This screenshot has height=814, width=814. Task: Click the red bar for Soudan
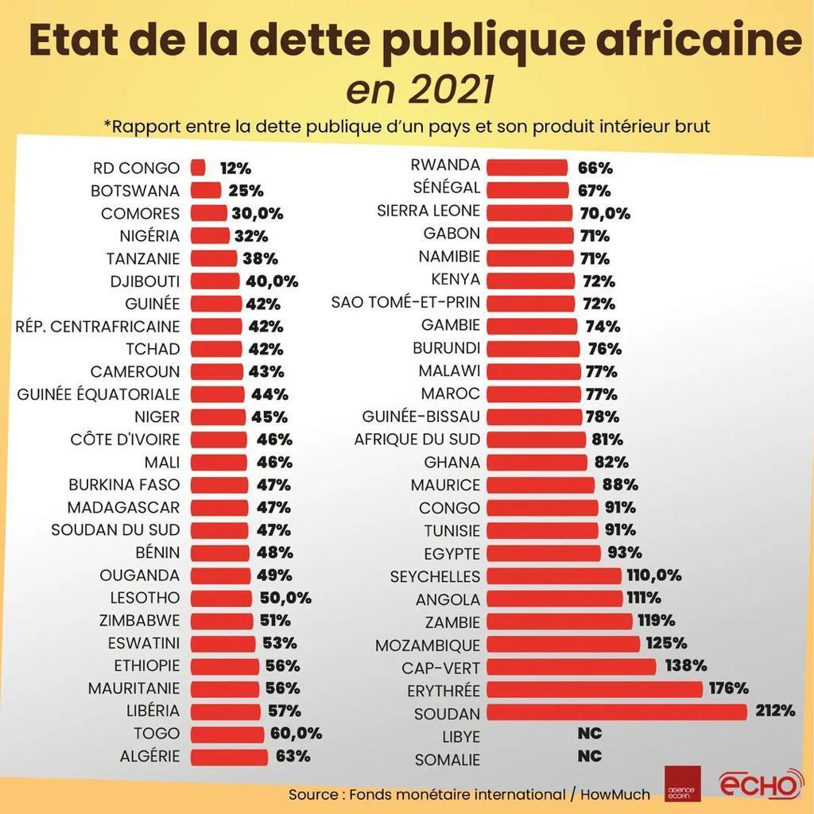tap(616, 711)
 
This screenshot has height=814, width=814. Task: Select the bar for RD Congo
tap(198, 168)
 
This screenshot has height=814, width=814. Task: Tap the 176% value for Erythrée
tap(729, 688)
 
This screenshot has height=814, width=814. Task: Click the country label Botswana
tap(135, 191)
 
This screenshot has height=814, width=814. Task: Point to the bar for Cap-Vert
tap(571, 666)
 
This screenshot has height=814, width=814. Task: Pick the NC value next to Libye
tap(589, 733)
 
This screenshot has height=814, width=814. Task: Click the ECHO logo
tap(760, 785)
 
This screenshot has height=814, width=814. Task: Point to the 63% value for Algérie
tap(293, 756)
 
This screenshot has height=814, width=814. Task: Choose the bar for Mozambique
tap(563, 644)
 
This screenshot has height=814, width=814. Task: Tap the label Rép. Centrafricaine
tap(98, 326)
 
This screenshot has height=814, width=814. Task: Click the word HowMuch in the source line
tap(614, 794)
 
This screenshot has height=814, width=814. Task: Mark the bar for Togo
tap(227, 734)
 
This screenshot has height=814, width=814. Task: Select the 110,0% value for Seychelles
tap(654, 576)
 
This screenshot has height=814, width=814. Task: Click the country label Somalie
tap(448, 760)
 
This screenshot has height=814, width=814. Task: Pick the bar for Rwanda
tap(526, 168)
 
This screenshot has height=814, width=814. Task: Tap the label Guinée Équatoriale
tap(99, 394)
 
